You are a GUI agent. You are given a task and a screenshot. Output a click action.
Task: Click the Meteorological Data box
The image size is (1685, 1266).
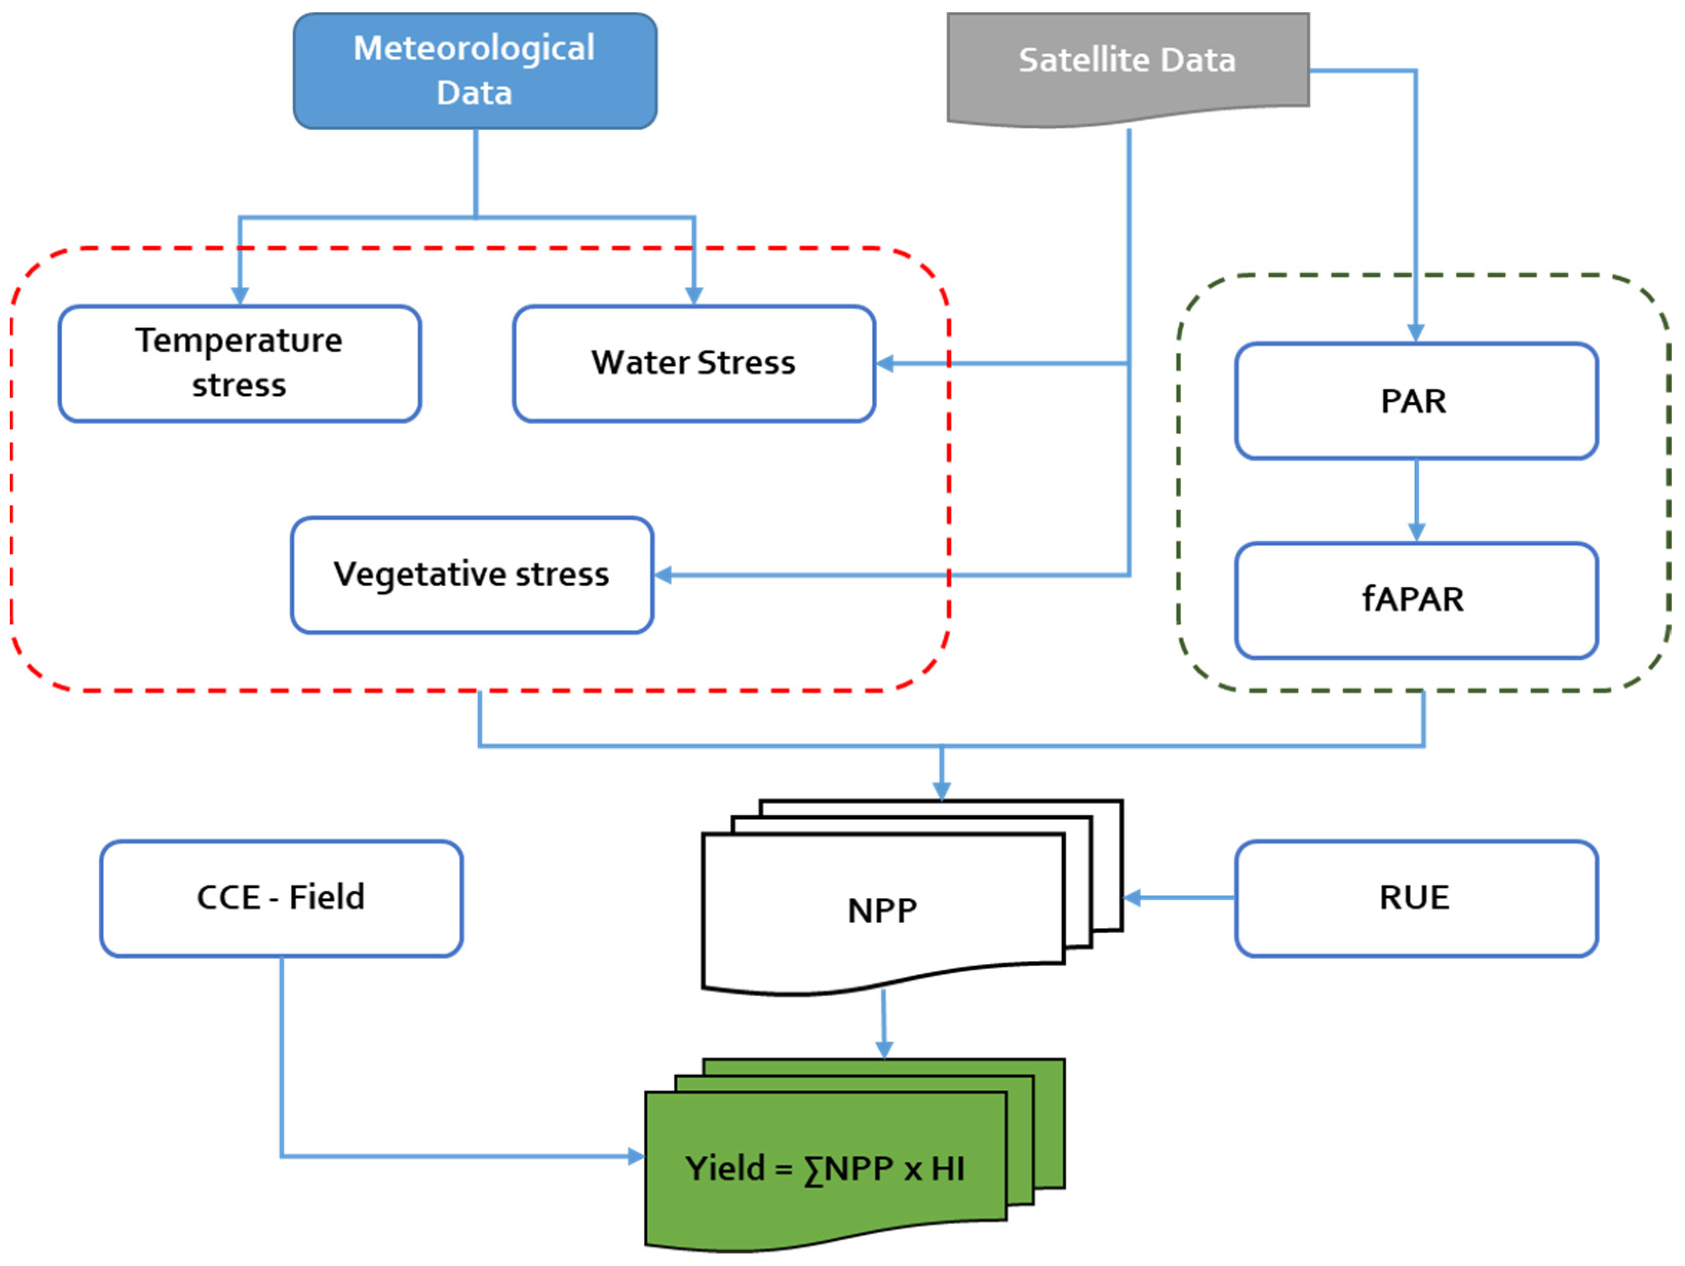click(x=475, y=71)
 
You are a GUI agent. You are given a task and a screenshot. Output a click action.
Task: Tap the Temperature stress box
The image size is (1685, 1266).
click(x=239, y=363)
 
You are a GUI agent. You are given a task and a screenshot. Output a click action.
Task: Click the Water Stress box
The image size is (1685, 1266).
click(x=693, y=363)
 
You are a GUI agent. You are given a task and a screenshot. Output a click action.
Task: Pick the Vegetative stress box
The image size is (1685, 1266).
click(x=472, y=575)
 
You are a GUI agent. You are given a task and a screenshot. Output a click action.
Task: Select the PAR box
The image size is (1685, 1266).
click(x=1416, y=401)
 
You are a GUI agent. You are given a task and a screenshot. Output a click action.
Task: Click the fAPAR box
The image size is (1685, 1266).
click(x=1416, y=600)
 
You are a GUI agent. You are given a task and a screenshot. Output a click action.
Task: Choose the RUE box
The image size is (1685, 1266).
click(x=1416, y=898)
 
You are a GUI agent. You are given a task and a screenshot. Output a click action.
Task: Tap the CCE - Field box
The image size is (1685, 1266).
click(x=281, y=898)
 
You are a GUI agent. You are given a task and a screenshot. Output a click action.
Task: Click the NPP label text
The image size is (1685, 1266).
click(x=882, y=911)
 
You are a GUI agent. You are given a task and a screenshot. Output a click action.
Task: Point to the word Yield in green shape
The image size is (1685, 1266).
click(x=724, y=1168)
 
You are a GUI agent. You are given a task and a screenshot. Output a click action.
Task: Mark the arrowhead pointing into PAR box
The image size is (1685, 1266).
click(x=1416, y=333)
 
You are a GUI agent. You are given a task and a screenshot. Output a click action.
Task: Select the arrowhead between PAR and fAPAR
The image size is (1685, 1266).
click(x=1416, y=532)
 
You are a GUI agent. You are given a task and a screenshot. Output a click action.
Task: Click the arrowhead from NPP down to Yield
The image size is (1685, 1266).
click(x=884, y=1050)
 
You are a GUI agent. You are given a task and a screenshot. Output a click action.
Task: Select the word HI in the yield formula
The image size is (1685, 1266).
click(x=947, y=1169)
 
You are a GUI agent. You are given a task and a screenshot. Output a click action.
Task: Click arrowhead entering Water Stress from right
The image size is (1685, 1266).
click(x=885, y=364)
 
